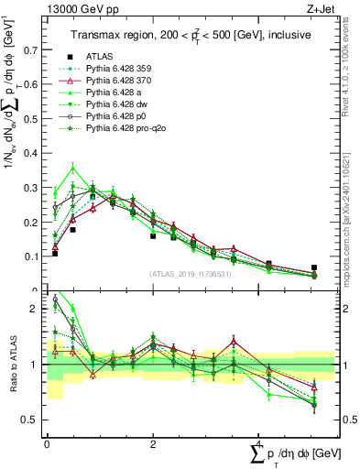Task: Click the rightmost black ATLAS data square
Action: pyautogui.click(x=314, y=268)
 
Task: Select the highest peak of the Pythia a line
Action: pyautogui.click(x=73, y=168)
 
